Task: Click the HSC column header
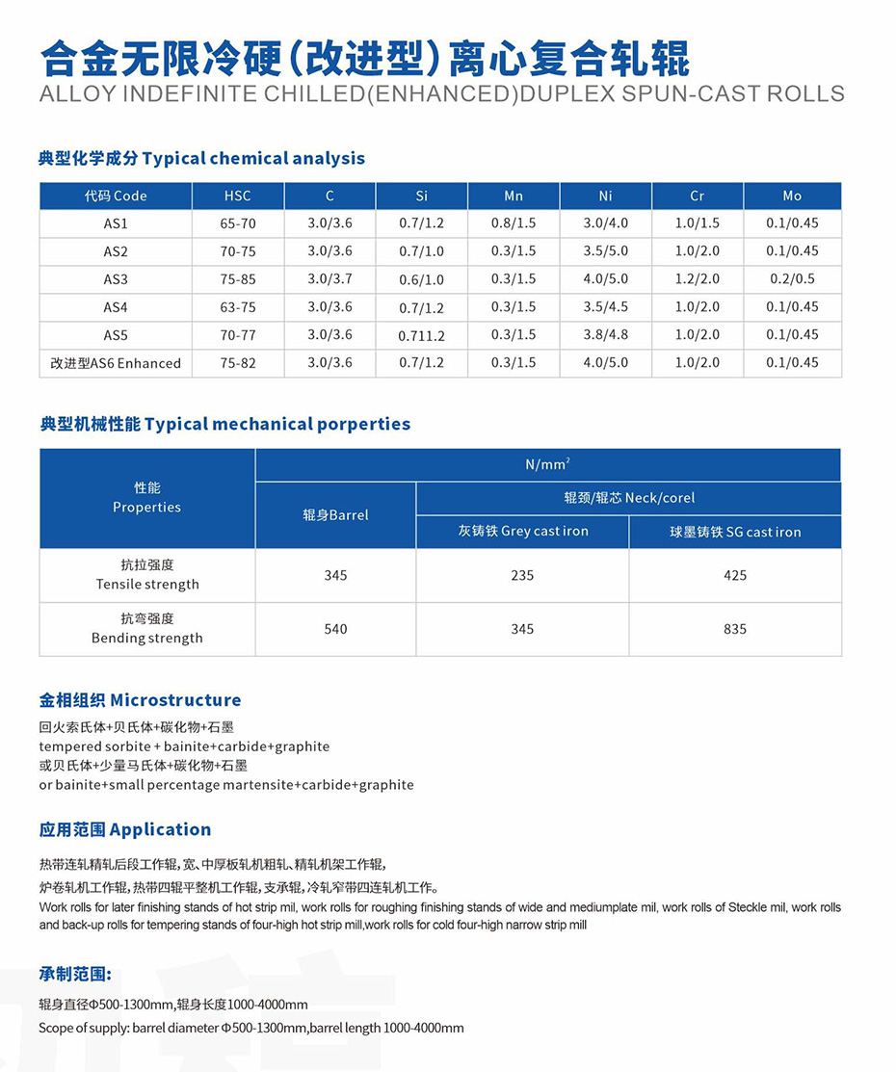point(237,196)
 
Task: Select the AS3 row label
point(116,279)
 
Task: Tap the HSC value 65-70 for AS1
point(237,223)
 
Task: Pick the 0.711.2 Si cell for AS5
point(421,335)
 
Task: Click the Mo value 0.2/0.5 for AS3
point(792,279)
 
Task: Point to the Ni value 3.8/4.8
point(605,335)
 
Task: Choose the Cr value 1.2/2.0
point(697,279)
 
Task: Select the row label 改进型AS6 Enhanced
point(116,363)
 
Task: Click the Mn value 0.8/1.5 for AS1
point(514,223)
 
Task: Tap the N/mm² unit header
point(547,464)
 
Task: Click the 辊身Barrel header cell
point(335,515)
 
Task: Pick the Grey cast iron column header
point(522,532)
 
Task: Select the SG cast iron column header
point(735,532)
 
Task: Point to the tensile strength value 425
point(735,575)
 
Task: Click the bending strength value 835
point(735,629)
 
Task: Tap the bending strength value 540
point(335,629)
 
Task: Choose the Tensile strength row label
point(147,575)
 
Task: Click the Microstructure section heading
point(140,700)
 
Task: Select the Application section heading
point(125,829)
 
